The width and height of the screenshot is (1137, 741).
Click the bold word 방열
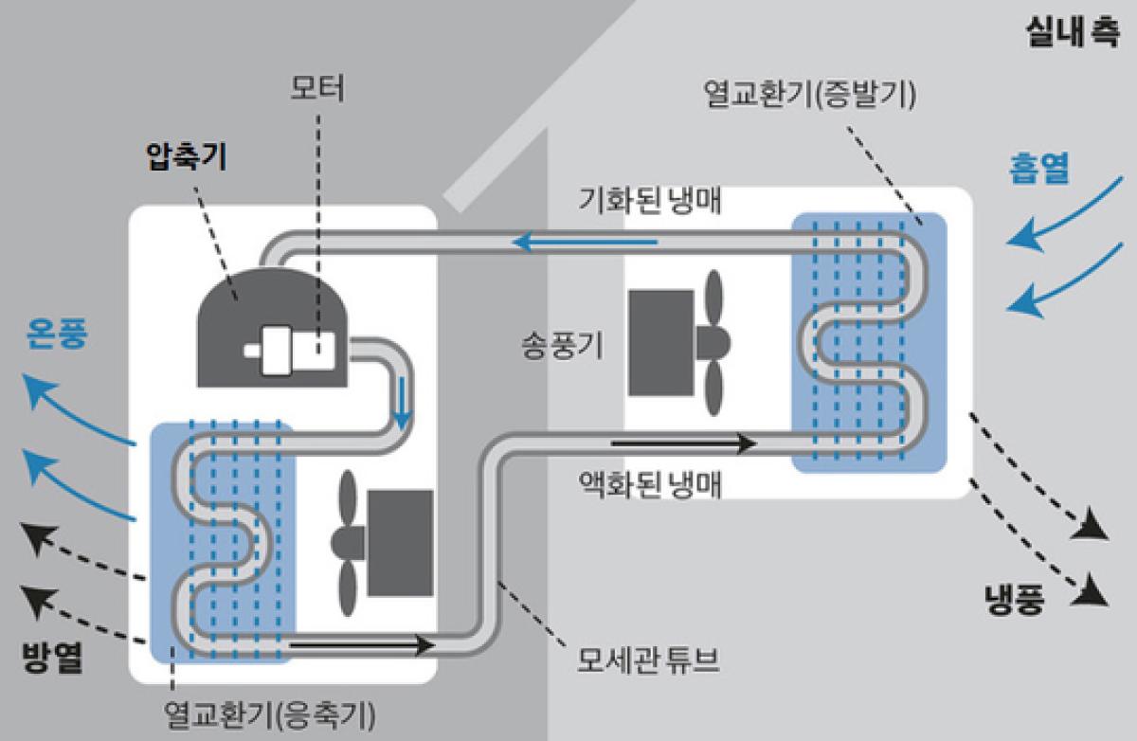coord(52,658)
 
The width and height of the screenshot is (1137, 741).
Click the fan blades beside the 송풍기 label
coord(713,342)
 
